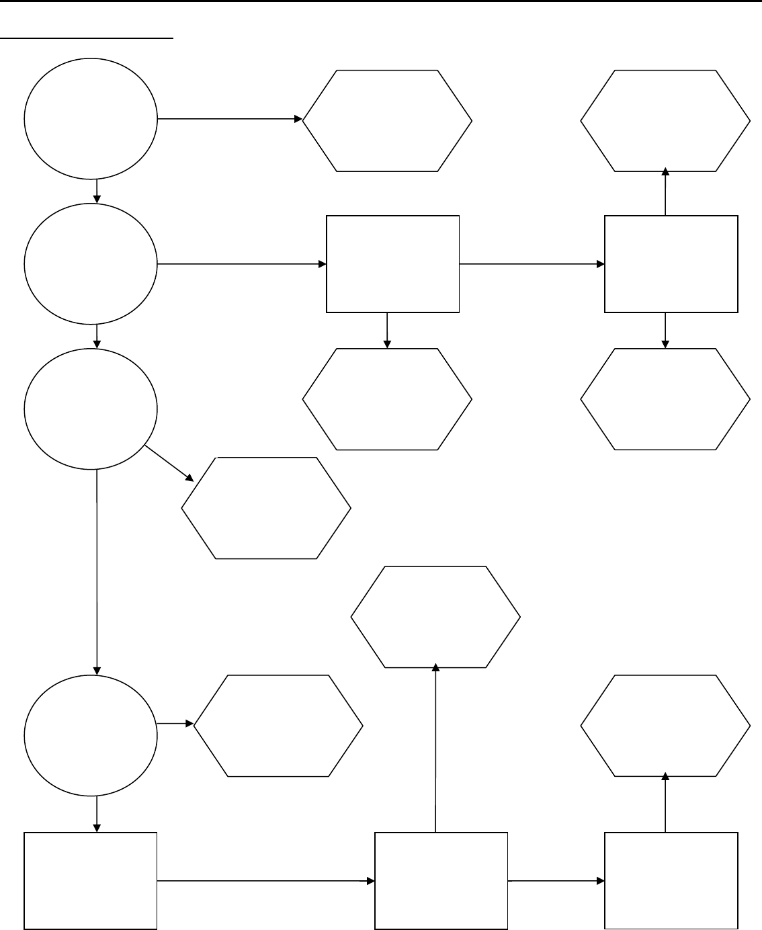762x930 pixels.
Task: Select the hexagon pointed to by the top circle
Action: (387, 121)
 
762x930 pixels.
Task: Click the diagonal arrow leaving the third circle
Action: (169, 464)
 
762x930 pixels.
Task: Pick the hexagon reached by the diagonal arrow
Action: (266, 508)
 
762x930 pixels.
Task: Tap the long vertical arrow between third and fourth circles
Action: (97, 571)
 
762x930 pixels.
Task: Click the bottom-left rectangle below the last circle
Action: (91, 881)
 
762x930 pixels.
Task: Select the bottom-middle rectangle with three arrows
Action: (441, 881)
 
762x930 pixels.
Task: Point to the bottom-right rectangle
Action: (671, 881)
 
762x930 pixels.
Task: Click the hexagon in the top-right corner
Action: (665, 121)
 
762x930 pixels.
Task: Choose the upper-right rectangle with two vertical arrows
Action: (671, 264)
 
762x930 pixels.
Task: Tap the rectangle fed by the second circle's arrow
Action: (393, 264)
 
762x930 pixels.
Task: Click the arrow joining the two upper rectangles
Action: (531, 264)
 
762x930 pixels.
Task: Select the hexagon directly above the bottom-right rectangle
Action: (665, 726)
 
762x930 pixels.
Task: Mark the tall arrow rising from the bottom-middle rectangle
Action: (436, 749)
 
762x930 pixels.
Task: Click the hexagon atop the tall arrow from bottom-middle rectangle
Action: (435, 617)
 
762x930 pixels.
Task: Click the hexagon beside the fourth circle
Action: (278, 726)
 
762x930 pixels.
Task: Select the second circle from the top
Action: (91, 264)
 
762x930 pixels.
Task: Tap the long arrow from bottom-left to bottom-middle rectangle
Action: (265, 881)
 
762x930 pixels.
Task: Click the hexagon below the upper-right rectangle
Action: (665, 399)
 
